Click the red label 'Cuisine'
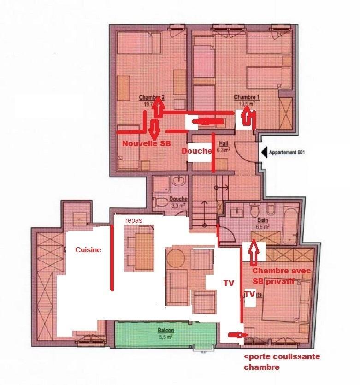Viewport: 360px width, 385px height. click(x=88, y=249)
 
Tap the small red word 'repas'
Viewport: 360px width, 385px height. click(x=134, y=221)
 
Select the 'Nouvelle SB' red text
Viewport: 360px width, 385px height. click(x=146, y=144)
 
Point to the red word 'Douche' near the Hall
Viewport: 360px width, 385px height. click(x=196, y=151)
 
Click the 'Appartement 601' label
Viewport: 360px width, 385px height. click(x=286, y=152)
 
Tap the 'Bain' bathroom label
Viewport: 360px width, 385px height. click(x=262, y=220)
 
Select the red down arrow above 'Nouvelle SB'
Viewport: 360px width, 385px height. click(x=154, y=129)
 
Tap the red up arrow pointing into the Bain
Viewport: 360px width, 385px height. click(x=254, y=253)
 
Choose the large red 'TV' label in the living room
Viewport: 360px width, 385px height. click(x=229, y=284)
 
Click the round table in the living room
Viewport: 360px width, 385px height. click(x=176, y=259)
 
